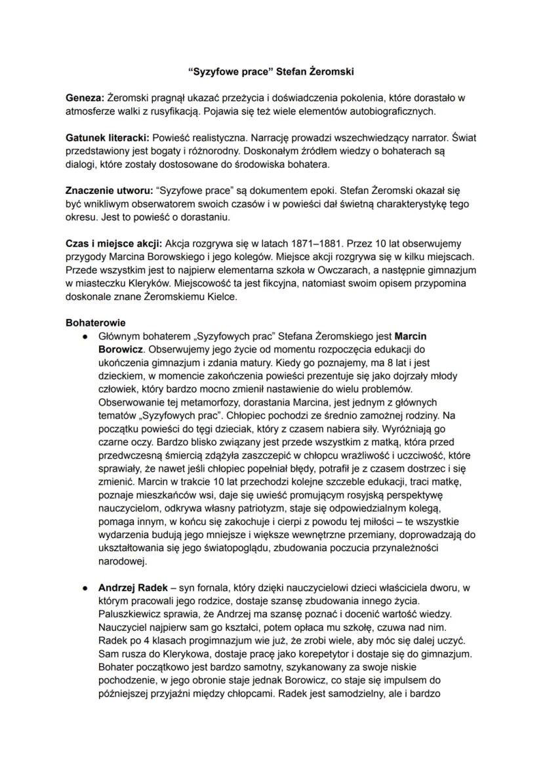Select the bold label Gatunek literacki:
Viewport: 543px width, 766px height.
click(108, 138)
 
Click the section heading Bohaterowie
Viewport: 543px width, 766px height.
click(96, 323)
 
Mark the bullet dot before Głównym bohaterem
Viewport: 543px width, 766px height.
click(85, 336)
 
